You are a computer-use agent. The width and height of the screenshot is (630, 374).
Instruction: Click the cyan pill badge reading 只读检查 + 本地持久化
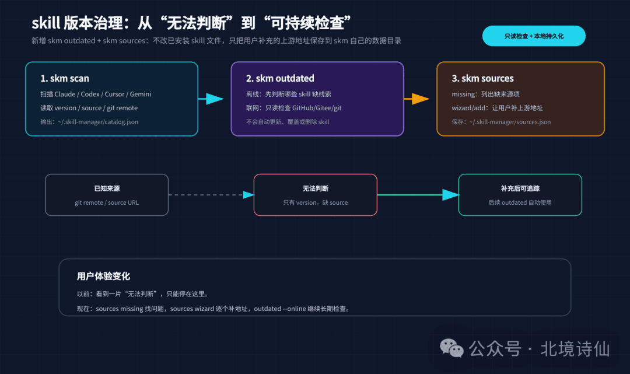click(534, 36)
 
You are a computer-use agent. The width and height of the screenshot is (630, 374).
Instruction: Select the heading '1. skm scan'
click(65, 78)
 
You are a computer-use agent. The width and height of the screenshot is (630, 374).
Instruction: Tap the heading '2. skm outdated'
click(280, 78)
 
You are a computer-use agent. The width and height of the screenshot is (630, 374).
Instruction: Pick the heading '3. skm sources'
click(482, 78)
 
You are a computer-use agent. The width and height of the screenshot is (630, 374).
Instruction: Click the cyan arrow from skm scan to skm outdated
click(211, 99)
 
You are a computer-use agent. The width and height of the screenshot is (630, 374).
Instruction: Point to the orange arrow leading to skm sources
click(416, 99)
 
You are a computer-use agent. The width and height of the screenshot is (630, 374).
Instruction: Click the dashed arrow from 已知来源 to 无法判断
click(211, 195)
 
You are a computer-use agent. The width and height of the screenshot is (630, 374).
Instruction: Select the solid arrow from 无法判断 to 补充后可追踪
click(418, 195)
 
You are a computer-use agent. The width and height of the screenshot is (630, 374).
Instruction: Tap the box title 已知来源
click(107, 188)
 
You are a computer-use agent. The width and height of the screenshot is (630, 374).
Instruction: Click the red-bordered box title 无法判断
click(316, 188)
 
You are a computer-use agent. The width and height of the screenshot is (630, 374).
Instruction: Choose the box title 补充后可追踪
click(520, 188)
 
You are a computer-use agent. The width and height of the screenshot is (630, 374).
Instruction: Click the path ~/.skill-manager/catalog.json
click(98, 122)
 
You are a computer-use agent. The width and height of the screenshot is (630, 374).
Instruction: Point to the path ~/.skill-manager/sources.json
click(510, 122)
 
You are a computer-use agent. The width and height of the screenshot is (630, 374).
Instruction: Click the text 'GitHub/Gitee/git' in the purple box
click(317, 108)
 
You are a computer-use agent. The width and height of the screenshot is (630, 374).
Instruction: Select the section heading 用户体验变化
click(104, 276)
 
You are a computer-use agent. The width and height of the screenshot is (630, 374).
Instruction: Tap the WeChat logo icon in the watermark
click(452, 348)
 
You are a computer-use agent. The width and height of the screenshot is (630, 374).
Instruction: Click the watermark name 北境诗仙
click(575, 349)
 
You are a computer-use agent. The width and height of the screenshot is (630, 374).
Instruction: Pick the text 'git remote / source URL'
click(107, 202)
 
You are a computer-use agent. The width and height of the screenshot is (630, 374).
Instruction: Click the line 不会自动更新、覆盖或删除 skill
click(288, 122)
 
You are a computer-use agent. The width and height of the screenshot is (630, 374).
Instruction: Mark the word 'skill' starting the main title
click(46, 23)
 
